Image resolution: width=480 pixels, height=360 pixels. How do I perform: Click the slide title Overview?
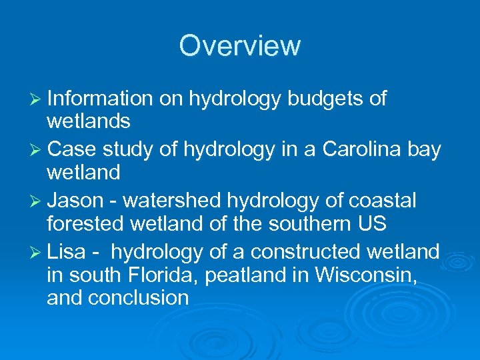(240, 46)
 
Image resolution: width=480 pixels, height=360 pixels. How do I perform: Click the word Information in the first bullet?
(100, 99)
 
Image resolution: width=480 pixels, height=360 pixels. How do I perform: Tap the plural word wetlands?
(89, 121)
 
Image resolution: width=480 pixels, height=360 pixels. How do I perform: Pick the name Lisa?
(67, 252)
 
